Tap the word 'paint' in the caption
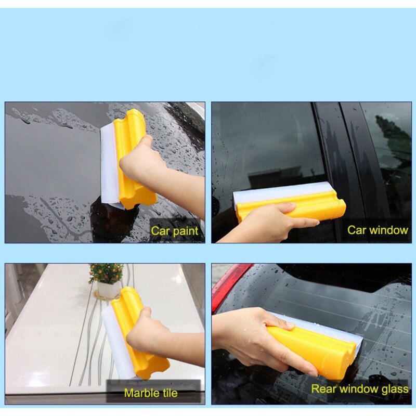[x=185, y=231]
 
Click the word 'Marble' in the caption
[x=140, y=393]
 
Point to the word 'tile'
[x=168, y=393]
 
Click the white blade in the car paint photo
[x=109, y=164]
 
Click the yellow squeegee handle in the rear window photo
[x=313, y=347]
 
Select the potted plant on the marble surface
[x=107, y=281]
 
